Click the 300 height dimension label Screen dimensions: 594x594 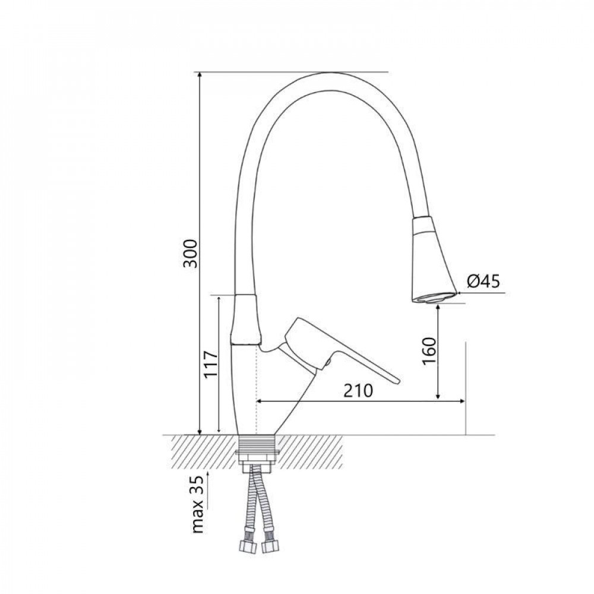189,254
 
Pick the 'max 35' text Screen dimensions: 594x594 199,504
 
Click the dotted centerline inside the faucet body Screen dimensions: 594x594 256,386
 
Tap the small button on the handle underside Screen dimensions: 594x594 326,362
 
